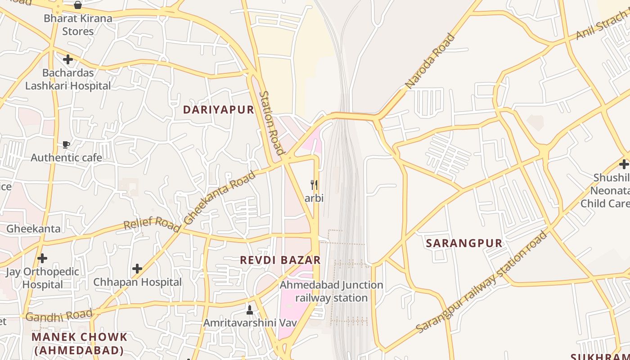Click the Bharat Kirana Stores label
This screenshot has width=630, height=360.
pos(78,25)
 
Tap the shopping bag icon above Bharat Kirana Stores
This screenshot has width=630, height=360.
pos(78,5)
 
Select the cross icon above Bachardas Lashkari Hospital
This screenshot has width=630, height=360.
pos(68,59)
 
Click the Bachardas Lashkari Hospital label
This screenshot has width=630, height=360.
pos(68,79)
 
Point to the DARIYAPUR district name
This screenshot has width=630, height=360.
pos(219,110)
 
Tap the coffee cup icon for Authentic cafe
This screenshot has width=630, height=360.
pos(66,145)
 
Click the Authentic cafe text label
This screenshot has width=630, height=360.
pos(66,157)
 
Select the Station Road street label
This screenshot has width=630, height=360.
pos(272,123)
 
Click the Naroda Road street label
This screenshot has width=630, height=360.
pos(430,61)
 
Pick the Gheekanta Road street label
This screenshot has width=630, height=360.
pos(220,198)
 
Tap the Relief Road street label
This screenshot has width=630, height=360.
pos(152,224)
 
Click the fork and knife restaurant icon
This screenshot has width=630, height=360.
pos(315,185)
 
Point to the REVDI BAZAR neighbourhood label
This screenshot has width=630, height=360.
pos(280,260)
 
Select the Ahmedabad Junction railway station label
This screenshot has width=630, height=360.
pos(332,292)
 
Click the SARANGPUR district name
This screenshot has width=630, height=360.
pos(464,243)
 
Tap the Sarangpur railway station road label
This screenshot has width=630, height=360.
pos(481,282)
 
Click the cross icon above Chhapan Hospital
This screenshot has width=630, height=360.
pos(137,269)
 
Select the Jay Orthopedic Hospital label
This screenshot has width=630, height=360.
pos(42,278)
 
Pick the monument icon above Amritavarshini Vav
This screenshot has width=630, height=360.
pos(250,310)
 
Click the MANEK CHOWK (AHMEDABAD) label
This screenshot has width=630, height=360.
pos(79,343)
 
